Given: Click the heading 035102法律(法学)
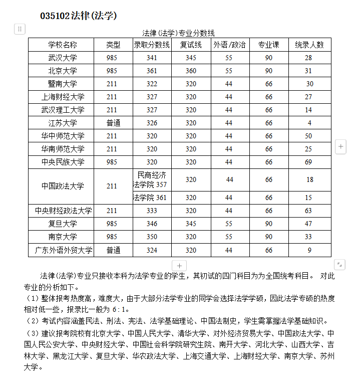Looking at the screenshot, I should (x=78, y=16).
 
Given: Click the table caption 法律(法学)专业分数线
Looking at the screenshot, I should (x=178, y=33).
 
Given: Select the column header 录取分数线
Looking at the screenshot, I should (x=152, y=45).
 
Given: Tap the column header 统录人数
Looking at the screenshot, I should (x=309, y=45).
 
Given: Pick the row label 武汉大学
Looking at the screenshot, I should (x=63, y=58).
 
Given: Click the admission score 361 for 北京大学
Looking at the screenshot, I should (x=152, y=71).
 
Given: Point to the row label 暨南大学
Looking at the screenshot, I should (x=63, y=84).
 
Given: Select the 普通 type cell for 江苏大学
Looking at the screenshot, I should (x=113, y=123).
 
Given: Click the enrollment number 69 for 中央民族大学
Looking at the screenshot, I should (x=308, y=162).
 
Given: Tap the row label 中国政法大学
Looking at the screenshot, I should (x=63, y=186).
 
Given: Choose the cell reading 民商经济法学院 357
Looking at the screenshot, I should (x=152, y=179).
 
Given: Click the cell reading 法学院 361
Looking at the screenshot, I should (x=150, y=198).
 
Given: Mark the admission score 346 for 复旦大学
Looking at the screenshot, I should (x=152, y=224).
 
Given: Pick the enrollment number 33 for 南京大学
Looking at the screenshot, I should (x=308, y=237).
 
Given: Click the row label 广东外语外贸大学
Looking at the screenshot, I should (x=64, y=250).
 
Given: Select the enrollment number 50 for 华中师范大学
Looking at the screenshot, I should (x=308, y=136).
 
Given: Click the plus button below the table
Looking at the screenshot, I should (x=179, y=266).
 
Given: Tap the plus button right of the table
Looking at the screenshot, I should (x=340, y=146).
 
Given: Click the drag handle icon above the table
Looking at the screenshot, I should (x=20, y=29).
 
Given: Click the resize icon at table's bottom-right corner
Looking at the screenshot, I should (x=339, y=264).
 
